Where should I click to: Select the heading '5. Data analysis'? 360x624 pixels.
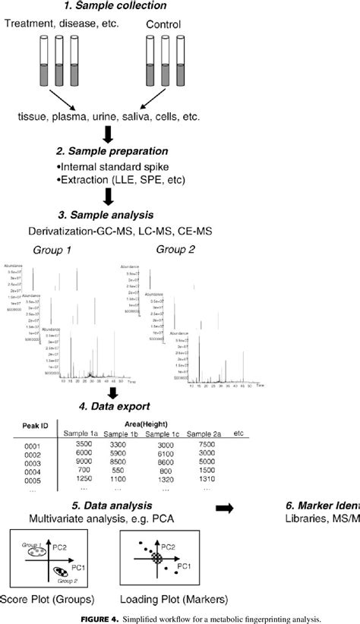pos(106,505)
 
